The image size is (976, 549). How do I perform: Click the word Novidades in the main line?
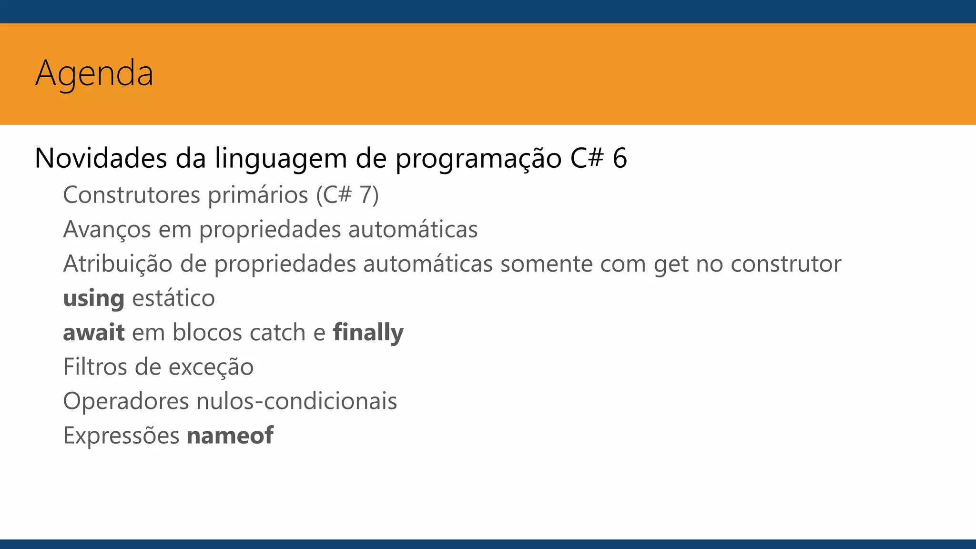[x=101, y=158]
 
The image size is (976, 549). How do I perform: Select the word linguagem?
[x=281, y=159]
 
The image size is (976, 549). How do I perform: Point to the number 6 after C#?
[x=620, y=158]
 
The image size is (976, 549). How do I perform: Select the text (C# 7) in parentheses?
[x=347, y=195]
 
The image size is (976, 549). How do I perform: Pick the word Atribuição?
[x=118, y=264]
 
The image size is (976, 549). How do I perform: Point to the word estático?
[x=173, y=298]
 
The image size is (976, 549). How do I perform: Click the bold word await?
[x=94, y=333]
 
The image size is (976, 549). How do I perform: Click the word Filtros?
[x=95, y=367]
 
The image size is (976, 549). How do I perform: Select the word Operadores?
[x=126, y=401]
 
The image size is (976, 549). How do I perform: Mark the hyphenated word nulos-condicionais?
[x=296, y=401]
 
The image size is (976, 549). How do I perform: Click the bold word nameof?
[x=230, y=436]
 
